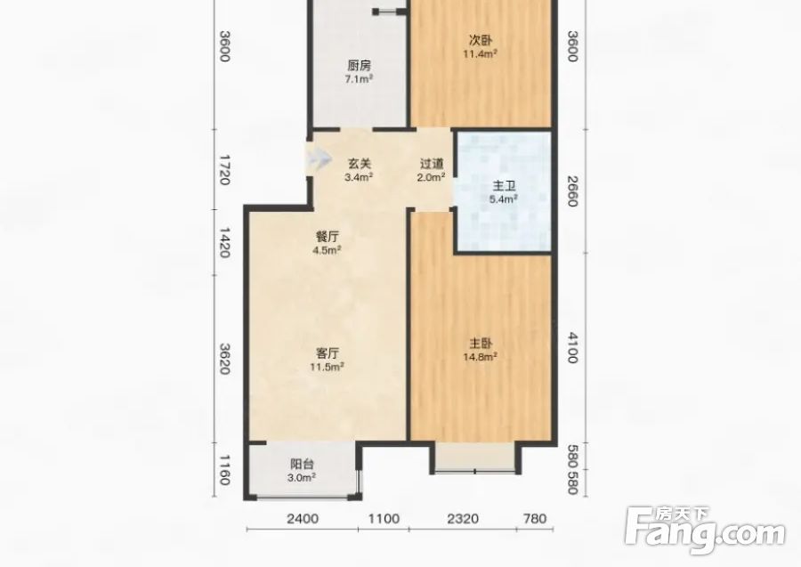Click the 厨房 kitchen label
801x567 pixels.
click(x=360, y=66)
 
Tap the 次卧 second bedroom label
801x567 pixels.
click(x=481, y=40)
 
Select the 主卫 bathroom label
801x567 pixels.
click(x=504, y=186)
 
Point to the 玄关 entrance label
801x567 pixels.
click(x=360, y=164)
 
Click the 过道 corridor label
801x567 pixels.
click(x=432, y=164)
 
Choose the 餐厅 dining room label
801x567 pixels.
click(x=328, y=237)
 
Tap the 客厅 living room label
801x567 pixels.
click(x=328, y=353)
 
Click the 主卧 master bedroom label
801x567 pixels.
click(x=481, y=344)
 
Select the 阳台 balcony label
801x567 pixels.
click(x=302, y=465)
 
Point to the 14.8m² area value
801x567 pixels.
click(x=481, y=357)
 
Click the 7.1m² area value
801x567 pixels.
click(x=360, y=79)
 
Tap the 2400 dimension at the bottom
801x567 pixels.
click(x=303, y=519)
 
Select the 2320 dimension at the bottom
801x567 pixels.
click(x=464, y=519)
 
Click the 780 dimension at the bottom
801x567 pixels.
click(x=535, y=519)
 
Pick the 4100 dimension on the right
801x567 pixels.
click(x=572, y=348)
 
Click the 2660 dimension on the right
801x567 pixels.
click(x=572, y=191)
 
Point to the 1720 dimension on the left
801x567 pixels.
click(x=224, y=170)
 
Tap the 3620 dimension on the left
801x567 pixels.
click(x=224, y=359)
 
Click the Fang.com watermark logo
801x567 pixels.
click(x=706, y=531)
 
